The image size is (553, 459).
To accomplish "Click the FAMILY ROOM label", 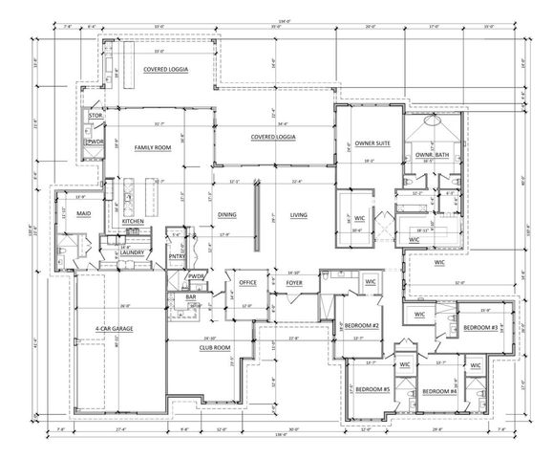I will click(152, 148).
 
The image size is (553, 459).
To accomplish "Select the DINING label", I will click(227, 215).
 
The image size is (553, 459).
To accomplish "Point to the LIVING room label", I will click(298, 215).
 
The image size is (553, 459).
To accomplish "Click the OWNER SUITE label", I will click(372, 143).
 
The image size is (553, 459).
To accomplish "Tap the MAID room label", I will click(84, 213).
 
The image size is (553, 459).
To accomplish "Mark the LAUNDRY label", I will click(131, 252).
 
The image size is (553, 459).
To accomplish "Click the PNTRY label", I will click(177, 256).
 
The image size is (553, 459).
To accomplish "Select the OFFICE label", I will click(248, 283).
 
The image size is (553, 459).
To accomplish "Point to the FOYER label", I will click(294, 283).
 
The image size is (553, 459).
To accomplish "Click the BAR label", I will click(191, 297).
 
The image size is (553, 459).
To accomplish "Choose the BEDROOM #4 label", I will click(439, 391).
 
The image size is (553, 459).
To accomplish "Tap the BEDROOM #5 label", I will click(372, 391).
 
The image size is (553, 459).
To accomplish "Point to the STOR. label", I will click(96, 116).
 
